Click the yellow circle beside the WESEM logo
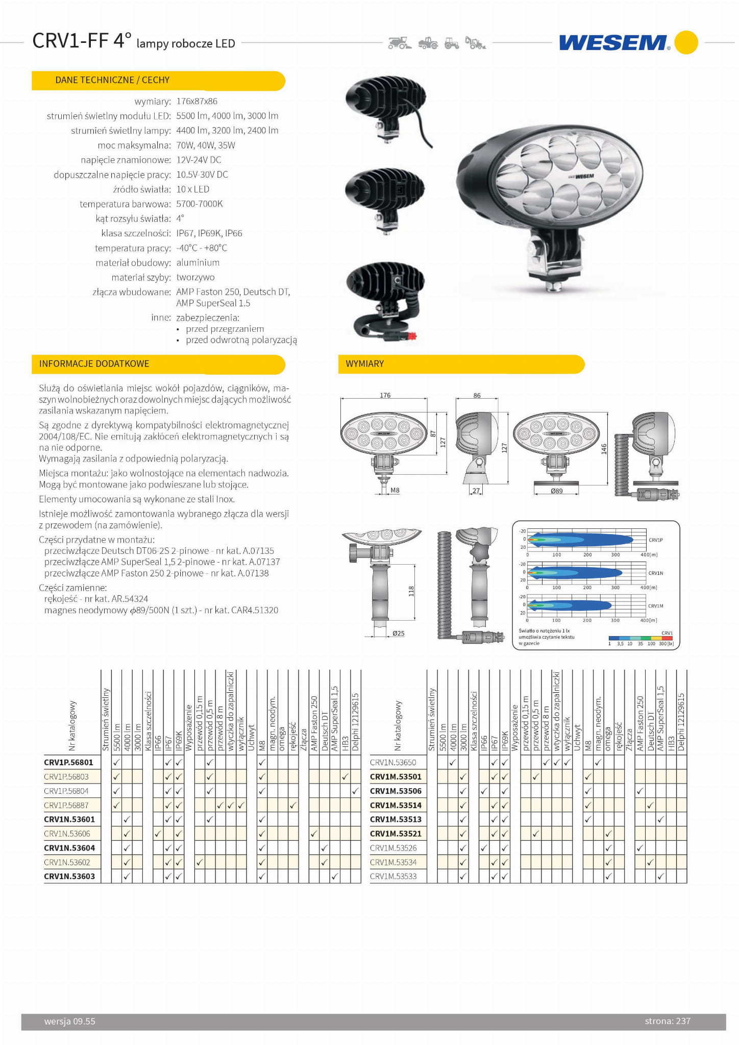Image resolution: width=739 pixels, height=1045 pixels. click(686, 42)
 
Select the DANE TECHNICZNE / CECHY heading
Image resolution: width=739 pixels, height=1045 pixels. click(112, 80)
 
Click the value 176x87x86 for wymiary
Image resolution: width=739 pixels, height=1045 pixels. click(197, 101)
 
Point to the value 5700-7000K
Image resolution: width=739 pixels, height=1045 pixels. click(200, 204)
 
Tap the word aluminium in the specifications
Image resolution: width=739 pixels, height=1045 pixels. click(198, 262)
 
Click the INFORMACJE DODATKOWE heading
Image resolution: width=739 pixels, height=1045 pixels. click(94, 363)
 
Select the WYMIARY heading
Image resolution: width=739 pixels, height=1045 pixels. click(364, 363)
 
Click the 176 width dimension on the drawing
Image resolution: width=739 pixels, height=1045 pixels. click(385, 395)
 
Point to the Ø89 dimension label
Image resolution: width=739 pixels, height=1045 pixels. click(556, 491)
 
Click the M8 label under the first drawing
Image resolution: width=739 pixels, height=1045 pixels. click(395, 490)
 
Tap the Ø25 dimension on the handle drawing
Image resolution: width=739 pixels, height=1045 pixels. click(398, 633)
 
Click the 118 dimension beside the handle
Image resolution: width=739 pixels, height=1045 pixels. click(411, 591)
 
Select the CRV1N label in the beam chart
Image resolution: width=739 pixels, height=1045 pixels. click(655, 573)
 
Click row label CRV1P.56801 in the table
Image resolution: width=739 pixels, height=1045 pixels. click(69, 762)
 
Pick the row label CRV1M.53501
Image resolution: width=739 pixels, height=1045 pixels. click(396, 776)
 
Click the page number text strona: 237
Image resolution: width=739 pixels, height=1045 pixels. click(667, 1021)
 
